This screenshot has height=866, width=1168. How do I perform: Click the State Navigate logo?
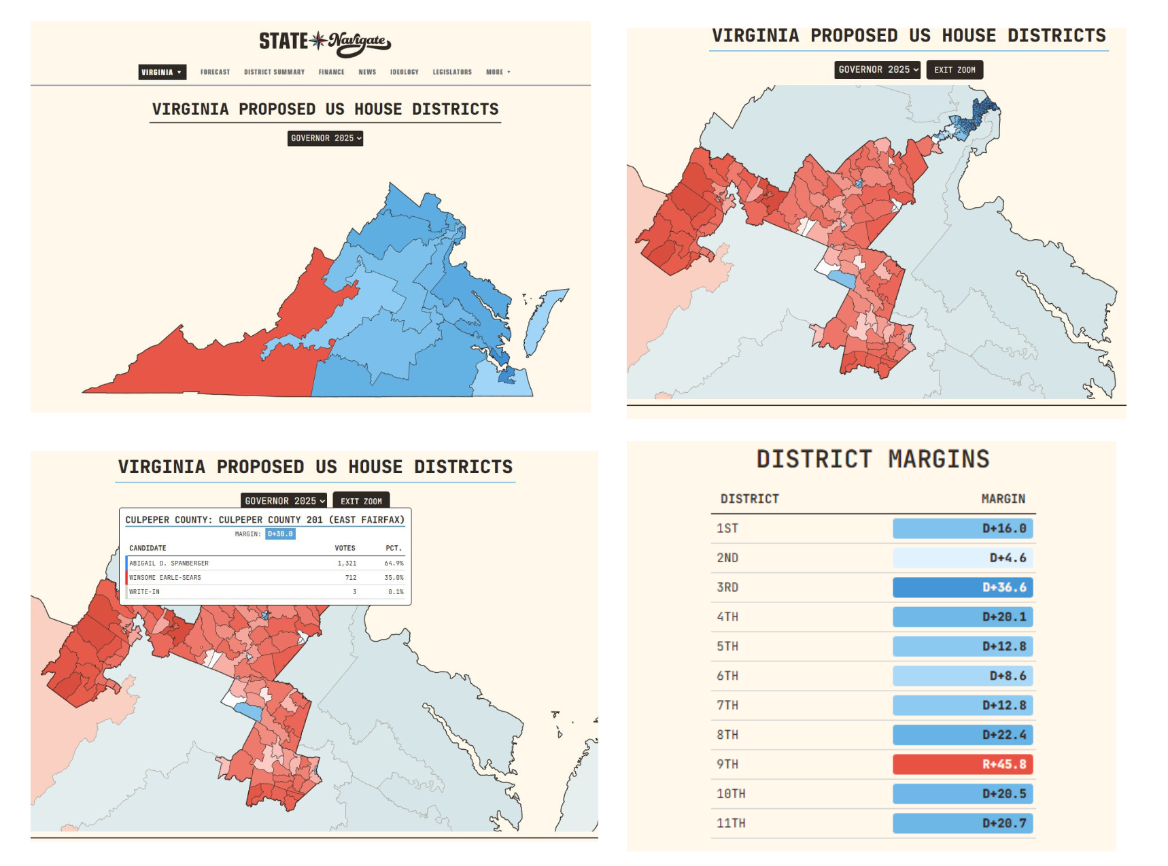(325, 41)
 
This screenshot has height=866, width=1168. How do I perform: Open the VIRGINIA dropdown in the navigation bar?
(162, 72)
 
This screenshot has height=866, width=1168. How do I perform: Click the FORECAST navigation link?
(215, 72)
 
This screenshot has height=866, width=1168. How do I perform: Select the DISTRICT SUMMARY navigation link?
(274, 72)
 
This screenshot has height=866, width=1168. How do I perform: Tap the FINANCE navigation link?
(331, 72)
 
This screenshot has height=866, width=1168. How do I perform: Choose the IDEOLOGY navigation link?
(404, 72)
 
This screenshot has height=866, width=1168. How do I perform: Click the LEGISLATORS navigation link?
(452, 72)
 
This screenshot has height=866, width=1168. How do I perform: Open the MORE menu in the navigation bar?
(498, 72)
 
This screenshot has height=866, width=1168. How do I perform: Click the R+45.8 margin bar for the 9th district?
(962, 764)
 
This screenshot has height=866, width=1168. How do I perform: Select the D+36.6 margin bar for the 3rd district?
(962, 587)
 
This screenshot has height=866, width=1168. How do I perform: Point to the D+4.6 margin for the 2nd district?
(962, 558)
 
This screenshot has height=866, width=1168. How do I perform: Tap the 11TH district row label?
(731, 823)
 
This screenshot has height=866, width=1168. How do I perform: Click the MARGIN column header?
(1003, 499)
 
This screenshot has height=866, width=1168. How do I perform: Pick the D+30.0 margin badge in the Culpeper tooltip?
(280, 534)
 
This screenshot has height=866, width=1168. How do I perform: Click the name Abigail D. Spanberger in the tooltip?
(169, 564)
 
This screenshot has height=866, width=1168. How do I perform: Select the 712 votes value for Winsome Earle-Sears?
(350, 578)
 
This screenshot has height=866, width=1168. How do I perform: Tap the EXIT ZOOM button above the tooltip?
(361, 501)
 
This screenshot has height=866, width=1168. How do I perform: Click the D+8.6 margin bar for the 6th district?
(962, 676)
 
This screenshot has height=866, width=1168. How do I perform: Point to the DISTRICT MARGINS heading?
(873, 460)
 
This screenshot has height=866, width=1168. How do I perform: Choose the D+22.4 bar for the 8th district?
(962, 735)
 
